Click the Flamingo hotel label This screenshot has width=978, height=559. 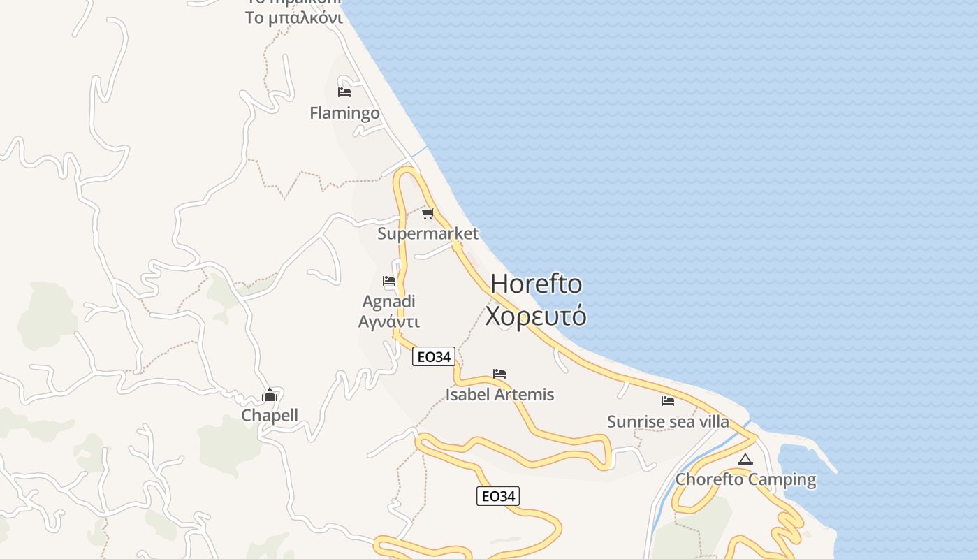click(344, 113)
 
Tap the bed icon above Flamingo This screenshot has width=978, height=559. click(344, 92)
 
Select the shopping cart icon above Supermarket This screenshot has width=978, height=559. click(428, 213)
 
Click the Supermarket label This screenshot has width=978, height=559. click(428, 233)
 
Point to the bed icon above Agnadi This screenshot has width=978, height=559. click(389, 281)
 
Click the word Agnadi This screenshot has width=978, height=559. click(389, 302)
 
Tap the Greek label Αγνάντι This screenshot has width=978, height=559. click(389, 321)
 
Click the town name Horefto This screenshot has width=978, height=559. click(536, 284)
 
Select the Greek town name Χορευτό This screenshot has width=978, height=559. click(536, 316)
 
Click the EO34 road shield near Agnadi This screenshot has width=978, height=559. click(434, 357)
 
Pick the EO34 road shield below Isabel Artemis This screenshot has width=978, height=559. click(498, 496)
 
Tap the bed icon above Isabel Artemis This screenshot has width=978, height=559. click(499, 374)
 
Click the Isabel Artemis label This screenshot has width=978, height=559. click(499, 395)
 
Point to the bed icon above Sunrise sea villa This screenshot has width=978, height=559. click(668, 401)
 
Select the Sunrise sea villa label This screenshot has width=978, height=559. click(668, 422)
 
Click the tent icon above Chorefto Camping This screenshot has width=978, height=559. click(745, 460)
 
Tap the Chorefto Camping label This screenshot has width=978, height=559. click(745, 480)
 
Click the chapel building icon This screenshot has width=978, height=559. click(270, 395)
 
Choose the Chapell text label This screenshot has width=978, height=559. click(270, 416)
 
